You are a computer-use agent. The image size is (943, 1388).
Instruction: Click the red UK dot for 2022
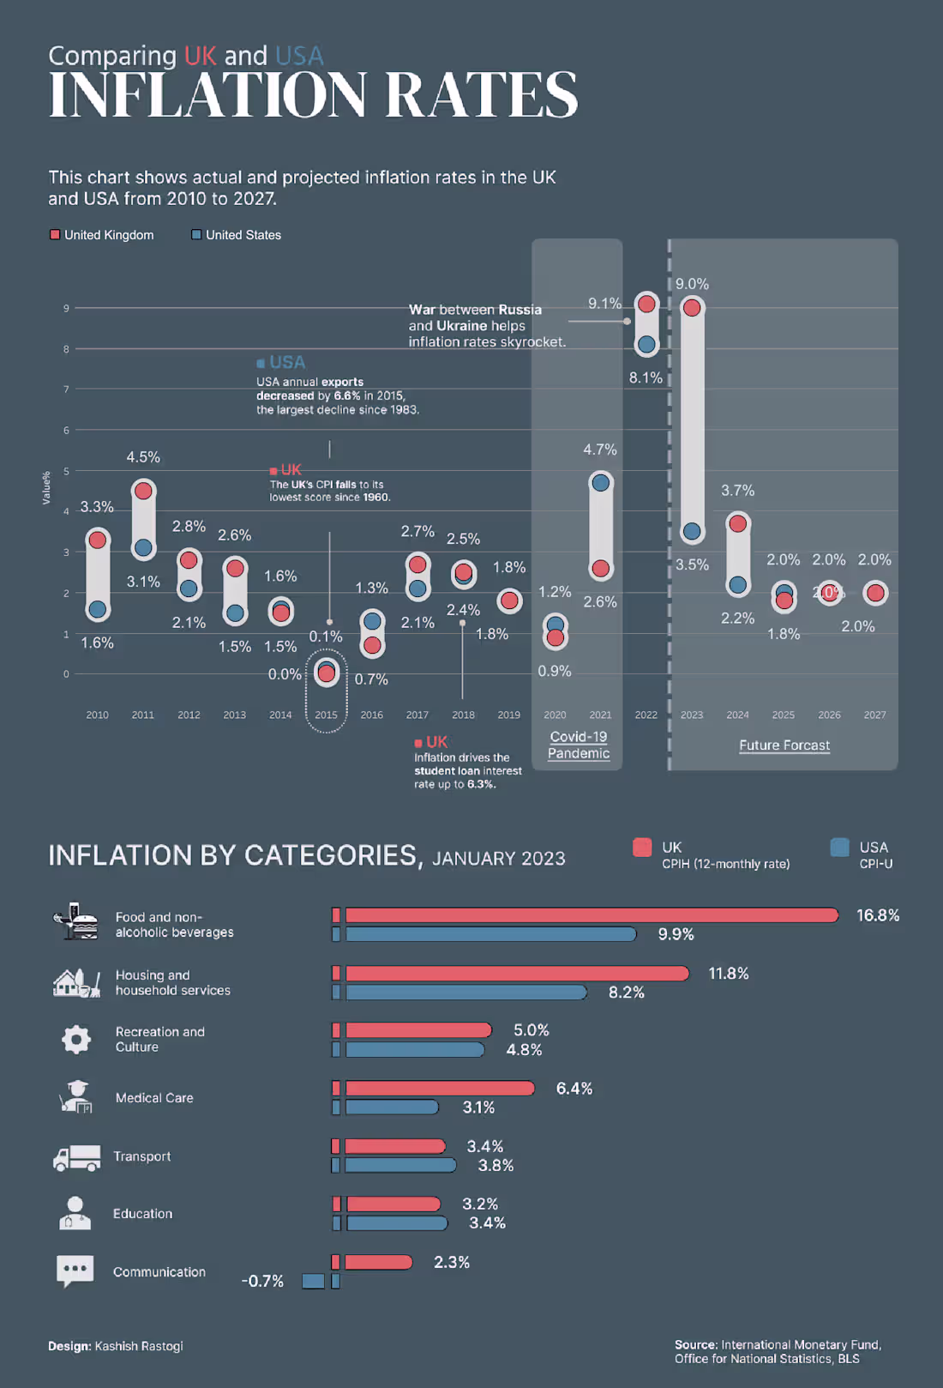click(646, 304)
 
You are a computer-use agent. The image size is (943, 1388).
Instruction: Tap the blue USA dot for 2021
click(601, 483)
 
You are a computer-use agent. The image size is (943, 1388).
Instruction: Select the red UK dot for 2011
click(143, 491)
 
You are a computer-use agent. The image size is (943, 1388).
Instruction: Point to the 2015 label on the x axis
click(326, 715)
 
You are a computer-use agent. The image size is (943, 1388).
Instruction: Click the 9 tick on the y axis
click(66, 308)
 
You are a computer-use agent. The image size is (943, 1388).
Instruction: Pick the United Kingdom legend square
click(55, 234)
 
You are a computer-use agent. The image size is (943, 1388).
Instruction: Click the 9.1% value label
click(604, 304)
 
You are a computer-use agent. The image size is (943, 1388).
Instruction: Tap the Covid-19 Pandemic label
click(579, 745)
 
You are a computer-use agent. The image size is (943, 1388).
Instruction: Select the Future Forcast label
click(784, 745)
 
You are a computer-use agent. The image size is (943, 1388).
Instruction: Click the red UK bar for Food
click(592, 915)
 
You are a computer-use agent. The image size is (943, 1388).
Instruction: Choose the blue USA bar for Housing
click(466, 993)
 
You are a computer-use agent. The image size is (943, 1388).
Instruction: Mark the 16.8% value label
click(878, 915)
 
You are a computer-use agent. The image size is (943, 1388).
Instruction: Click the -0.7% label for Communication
click(262, 1281)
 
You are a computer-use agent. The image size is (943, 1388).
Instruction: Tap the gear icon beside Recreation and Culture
click(76, 1039)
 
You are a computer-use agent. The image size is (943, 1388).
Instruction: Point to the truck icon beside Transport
click(76, 1158)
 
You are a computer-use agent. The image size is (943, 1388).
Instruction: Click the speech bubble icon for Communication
click(75, 1270)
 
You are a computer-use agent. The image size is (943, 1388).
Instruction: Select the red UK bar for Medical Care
click(439, 1089)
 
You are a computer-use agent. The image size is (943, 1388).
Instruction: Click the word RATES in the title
click(481, 95)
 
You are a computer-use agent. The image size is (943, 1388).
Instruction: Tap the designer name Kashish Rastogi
click(139, 1346)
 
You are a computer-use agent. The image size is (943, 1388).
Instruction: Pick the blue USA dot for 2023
click(692, 532)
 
